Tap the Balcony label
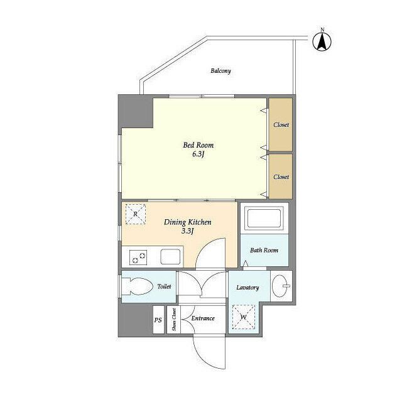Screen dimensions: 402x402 tap(220, 71)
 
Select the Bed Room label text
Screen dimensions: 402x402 tap(198, 145)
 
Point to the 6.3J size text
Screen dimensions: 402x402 tap(198, 155)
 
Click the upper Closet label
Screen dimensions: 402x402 tap(281, 125)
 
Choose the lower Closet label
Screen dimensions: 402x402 tap(281, 177)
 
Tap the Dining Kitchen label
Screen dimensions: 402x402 tap(187, 222)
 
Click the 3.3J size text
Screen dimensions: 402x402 tap(187, 231)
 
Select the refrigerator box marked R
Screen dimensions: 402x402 tap(136, 214)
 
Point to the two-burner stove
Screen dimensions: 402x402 tap(138, 258)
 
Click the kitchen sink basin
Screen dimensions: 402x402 tap(170, 257)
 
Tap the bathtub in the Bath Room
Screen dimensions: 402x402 tap(264, 219)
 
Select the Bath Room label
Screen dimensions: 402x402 tap(264, 250)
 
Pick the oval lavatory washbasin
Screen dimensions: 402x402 tap(281, 286)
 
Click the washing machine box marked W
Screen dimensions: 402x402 tap(244, 317)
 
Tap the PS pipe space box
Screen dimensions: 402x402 tap(158, 320)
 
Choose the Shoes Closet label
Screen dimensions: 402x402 tap(174, 320)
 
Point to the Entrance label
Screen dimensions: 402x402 tap(203, 318)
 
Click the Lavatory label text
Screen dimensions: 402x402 tap(247, 288)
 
